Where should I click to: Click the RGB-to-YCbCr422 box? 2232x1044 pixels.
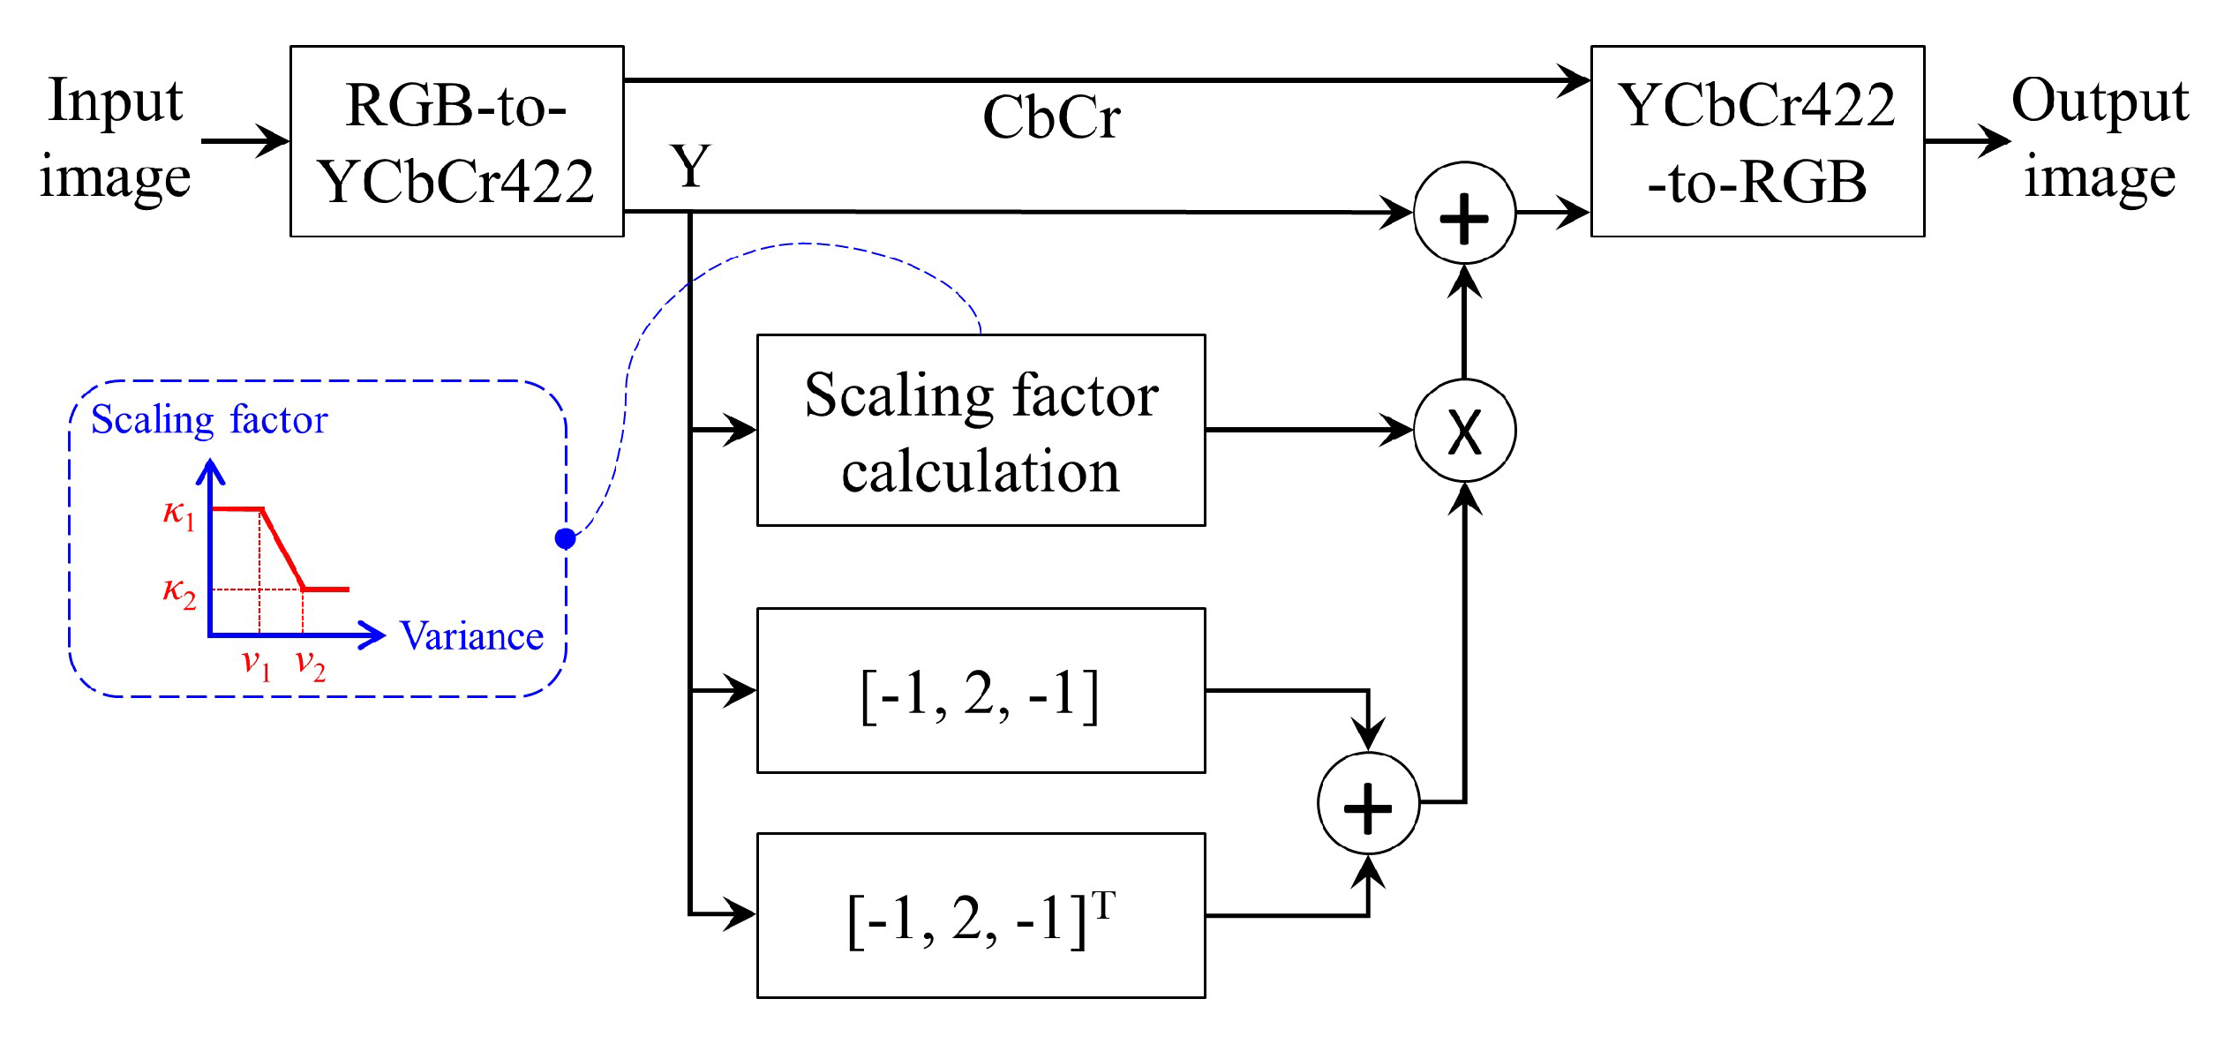(456, 141)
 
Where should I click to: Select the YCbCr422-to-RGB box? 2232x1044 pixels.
(1756, 141)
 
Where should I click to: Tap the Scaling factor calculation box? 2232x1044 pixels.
(981, 430)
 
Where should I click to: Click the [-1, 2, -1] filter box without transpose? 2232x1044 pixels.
(981, 690)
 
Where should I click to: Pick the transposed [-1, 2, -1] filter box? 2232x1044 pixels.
(981, 915)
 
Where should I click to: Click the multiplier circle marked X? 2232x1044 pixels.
(1464, 431)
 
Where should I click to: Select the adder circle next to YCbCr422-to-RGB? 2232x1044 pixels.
(1464, 214)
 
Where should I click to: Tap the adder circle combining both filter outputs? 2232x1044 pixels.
(1368, 803)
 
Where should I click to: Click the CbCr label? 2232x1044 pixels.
(1051, 117)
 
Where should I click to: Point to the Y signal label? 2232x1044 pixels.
(690, 166)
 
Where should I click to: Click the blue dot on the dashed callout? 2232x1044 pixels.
(566, 538)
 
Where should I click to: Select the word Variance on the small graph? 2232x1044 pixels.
(471, 636)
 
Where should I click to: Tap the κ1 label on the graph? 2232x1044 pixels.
(178, 513)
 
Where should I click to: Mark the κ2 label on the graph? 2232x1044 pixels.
(178, 592)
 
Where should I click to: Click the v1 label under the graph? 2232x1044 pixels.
(256, 663)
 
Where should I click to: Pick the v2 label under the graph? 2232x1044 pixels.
(310, 664)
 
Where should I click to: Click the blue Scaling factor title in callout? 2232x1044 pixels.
(209, 420)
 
